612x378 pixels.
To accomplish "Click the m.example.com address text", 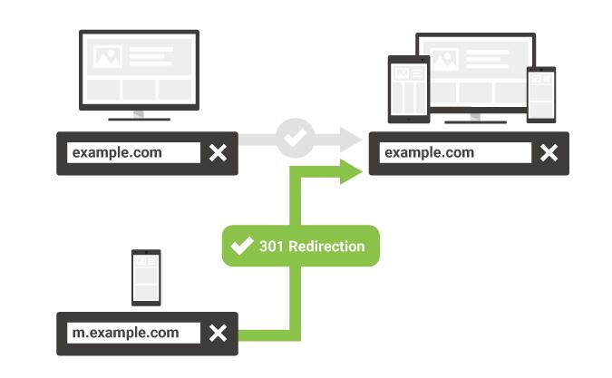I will [125, 334].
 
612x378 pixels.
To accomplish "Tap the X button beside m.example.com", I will [218, 334].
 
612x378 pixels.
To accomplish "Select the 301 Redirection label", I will [300, 246].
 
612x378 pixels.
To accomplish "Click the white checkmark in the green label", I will [242, 246].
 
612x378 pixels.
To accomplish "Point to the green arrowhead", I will [352, 172].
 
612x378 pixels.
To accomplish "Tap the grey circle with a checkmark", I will [295, 138].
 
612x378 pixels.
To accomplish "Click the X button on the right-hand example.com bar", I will [549, 152].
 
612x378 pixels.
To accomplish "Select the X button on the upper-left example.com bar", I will [218, 152].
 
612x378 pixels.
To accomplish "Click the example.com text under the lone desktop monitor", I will [117, 152].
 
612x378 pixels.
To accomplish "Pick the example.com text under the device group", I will [429, 152].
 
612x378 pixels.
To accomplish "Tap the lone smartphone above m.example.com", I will [146, 277].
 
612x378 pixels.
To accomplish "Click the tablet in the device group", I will [407, 89].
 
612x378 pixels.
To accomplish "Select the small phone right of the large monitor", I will [540, 93].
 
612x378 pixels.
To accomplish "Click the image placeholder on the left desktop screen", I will [109, 57].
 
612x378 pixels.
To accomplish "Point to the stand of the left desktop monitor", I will [138, 115].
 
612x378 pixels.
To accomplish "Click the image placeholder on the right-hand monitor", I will [444, 59].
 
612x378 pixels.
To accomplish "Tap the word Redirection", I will [326, 246].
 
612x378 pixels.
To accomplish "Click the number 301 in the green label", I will [271, 246].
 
